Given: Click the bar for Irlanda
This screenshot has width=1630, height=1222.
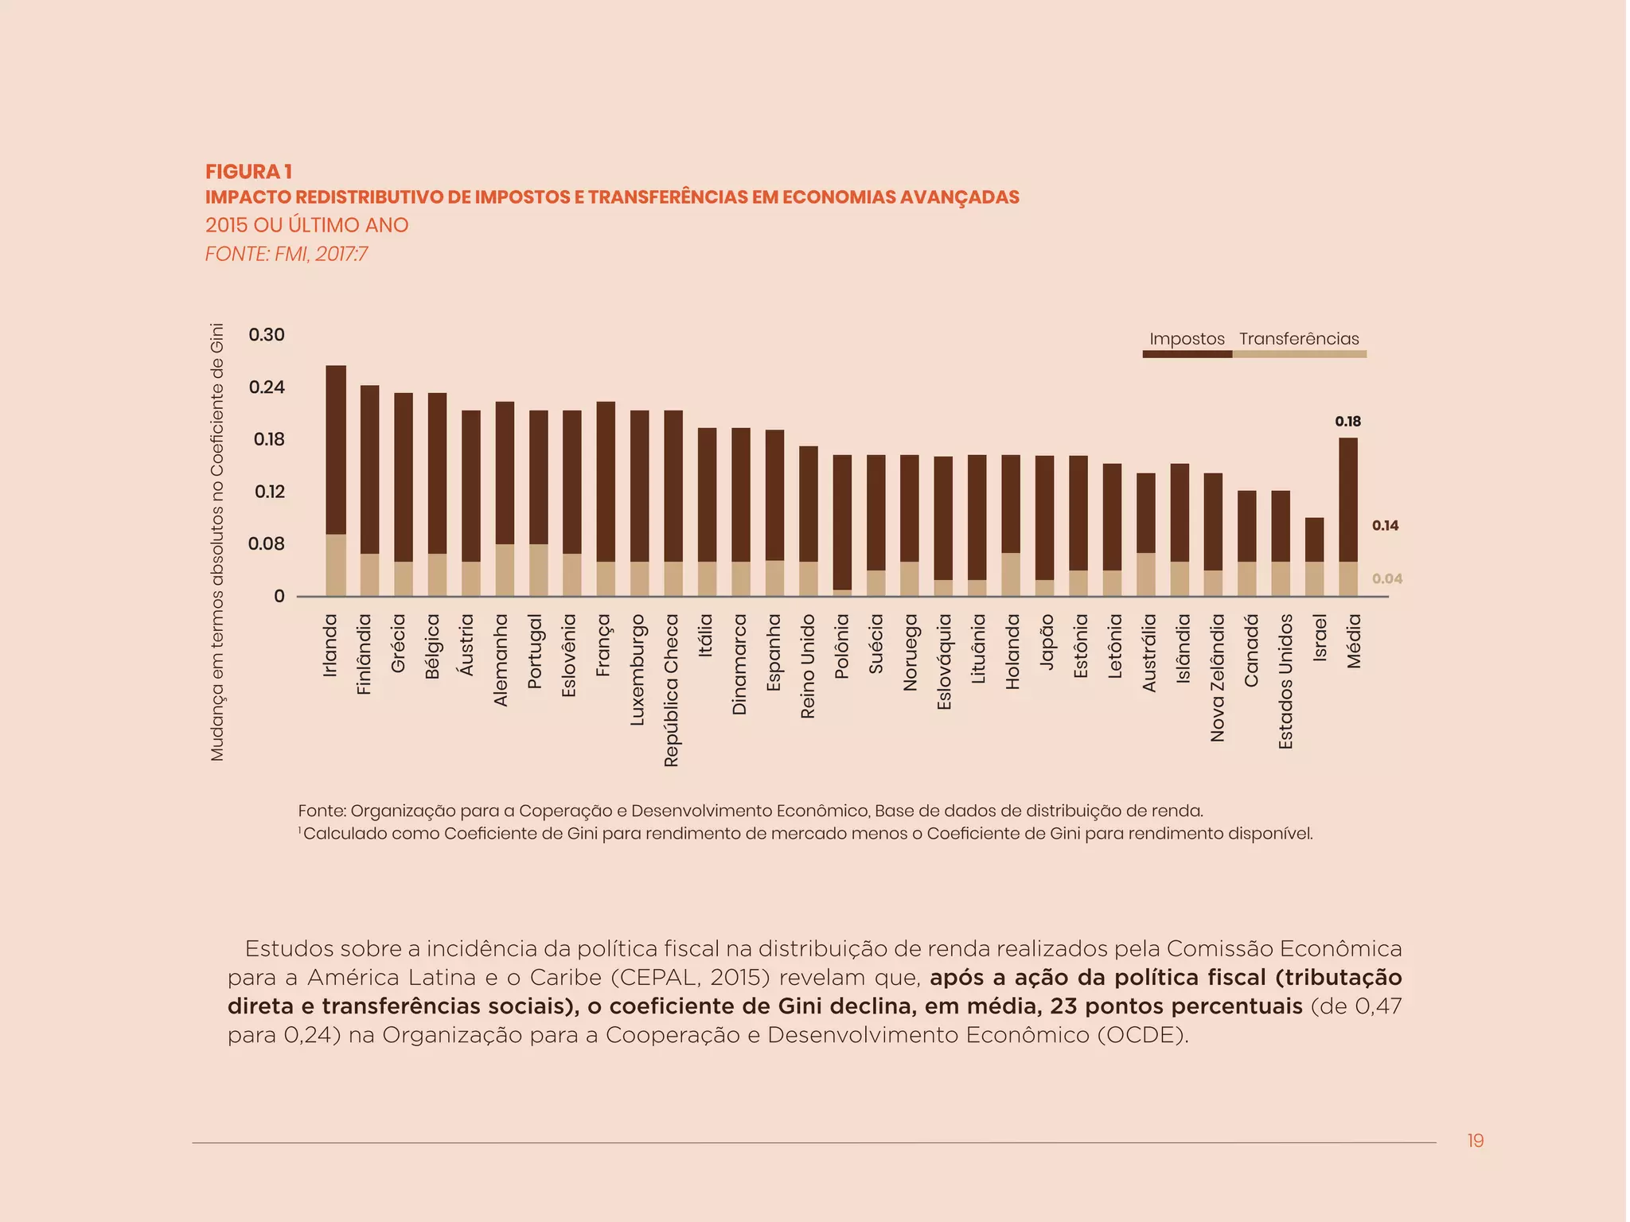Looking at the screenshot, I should pos(336,481).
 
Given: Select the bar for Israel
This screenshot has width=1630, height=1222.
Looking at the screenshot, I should pos(1314,557).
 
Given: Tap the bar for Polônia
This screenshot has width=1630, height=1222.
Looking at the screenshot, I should pos(842,525).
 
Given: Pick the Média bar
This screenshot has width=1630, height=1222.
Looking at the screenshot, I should pos(1347,517).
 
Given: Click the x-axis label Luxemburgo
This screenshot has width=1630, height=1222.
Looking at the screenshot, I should pos(637,670).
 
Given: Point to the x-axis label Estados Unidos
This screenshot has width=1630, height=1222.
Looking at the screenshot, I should pos(1285,681).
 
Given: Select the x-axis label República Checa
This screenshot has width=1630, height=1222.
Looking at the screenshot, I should pos(671,690).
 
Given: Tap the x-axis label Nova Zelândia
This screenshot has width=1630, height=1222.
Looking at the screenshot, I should pos(1217,678).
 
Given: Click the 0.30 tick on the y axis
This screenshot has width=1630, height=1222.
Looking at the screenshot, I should pos(267,335).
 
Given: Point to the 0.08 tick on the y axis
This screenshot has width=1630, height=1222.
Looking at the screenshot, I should pos(267,544).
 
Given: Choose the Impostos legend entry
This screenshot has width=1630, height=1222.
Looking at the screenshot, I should pos(1187,340).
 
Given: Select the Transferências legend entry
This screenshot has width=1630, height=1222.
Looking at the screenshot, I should pos(1299,340).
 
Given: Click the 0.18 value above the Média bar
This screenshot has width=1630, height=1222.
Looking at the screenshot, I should pos(1347,422).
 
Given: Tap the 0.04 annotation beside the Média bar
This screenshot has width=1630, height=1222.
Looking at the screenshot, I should pos(1386,579).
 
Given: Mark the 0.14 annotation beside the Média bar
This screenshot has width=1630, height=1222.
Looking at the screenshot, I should pos(1385,526).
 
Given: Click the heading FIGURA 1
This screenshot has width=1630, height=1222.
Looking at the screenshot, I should pos(248,172).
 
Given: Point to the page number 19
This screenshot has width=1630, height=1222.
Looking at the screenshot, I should pos(1475,1141).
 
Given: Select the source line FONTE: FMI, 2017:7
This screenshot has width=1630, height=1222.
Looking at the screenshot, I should pos(287,255).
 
